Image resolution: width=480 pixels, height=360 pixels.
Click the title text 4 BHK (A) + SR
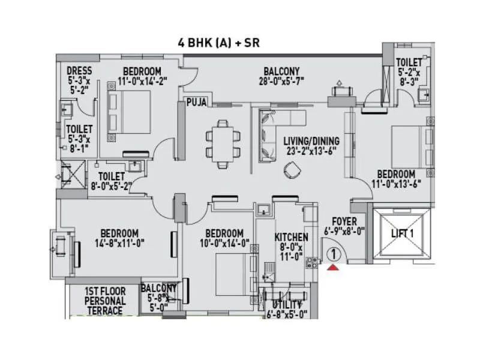click(218, 43)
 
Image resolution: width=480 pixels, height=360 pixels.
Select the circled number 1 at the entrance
click(333, 253)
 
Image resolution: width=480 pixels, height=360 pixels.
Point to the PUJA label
click(196, 103)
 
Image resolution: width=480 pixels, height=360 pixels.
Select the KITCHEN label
click(291, 237)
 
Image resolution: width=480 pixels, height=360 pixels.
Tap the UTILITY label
click(290, 305)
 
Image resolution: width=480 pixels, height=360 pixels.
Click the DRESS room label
click(79, 71)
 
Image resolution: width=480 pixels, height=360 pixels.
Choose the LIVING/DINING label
click(311, 142)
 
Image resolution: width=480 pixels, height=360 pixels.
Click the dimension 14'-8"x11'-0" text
click(119, 243)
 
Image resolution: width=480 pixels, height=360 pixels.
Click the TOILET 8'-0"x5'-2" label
click(111, 176)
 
